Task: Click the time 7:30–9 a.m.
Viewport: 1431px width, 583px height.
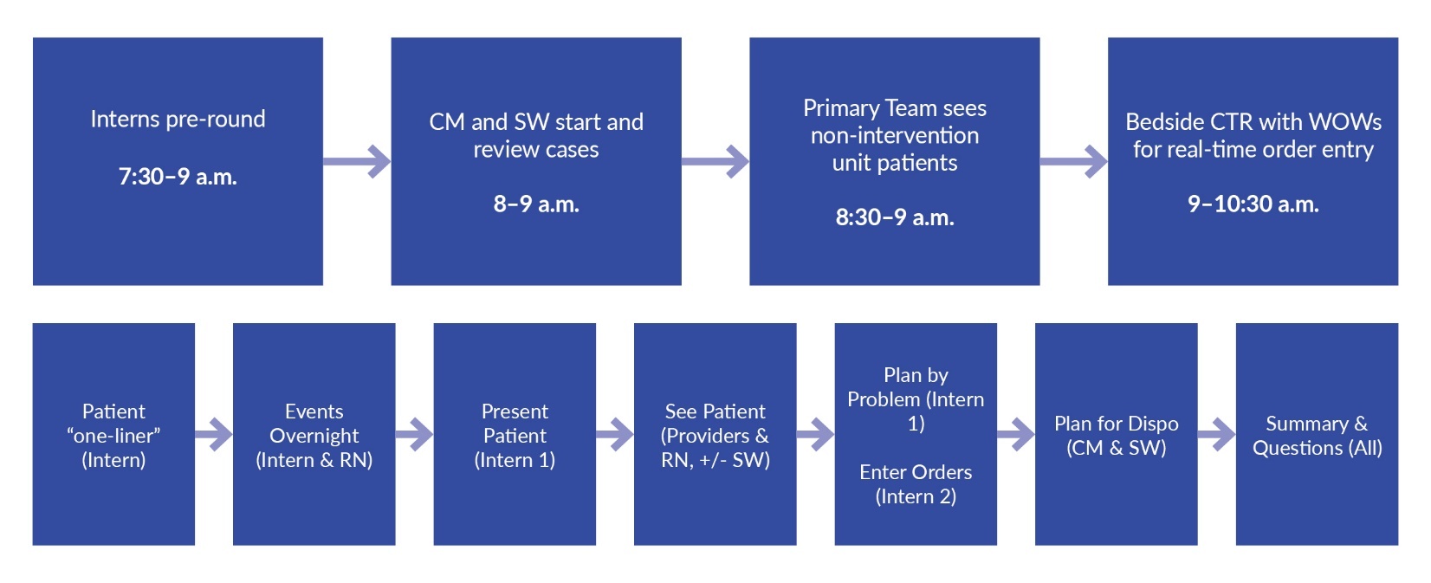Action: coord(178,177)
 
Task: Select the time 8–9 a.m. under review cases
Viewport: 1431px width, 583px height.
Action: coord(536,204)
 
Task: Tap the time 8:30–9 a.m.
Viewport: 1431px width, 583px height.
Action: coord(895,217)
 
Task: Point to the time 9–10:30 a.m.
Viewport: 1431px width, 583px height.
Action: coord(1253,204)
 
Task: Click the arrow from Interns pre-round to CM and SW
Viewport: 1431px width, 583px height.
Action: coord(358,161)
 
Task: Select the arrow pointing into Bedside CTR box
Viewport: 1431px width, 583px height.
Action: coord(1074,161)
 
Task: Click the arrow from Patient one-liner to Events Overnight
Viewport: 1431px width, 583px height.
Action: coord(214,435)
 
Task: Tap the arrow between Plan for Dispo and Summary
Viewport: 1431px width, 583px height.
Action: coord(1217,435)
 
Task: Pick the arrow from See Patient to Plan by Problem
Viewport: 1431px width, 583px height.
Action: coord(816,435)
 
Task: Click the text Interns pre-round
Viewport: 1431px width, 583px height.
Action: coord(178,120)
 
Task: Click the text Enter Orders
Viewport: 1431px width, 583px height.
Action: coord(916,472)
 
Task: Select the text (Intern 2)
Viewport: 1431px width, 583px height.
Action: coord(916,496)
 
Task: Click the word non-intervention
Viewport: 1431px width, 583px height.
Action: coord(895,136)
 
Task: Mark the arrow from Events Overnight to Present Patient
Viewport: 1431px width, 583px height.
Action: coord(414,435)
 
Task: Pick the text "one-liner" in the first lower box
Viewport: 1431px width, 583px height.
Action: coord(113,436)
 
